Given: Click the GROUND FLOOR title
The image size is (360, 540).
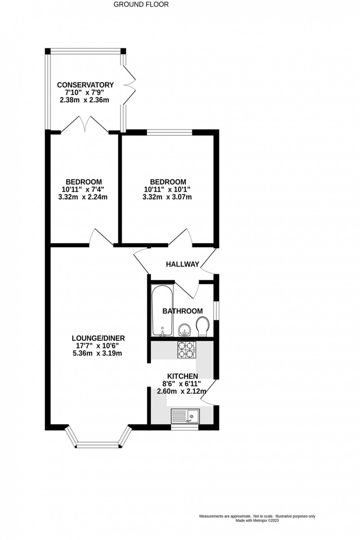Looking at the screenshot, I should [x=141, y=4].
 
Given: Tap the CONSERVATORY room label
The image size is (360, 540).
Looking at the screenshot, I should [x=85, y=85].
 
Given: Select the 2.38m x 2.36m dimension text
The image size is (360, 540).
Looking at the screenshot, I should [x=84, y=100].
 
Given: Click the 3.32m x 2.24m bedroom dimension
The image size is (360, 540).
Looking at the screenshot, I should [x=83, y=197].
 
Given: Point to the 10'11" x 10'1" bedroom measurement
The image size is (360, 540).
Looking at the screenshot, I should [x=168, y=190].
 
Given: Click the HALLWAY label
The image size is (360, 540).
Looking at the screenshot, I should [x=182, y=264].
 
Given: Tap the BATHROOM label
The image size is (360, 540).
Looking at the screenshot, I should [x=183, y=311].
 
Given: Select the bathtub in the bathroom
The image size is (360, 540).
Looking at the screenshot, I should [x=162, y=310].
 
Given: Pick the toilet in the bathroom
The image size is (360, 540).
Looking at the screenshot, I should [x=202, y=327].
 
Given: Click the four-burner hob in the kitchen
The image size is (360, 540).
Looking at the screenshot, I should [x=187, y=350].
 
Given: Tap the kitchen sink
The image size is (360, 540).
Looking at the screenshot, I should [x=185, y=416].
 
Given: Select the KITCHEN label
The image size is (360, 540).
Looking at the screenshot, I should [x=183, y=376].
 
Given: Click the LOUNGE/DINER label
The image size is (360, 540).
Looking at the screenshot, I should [x=98, y=338].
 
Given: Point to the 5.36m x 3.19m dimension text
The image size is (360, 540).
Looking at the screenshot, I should [x=97, y=353].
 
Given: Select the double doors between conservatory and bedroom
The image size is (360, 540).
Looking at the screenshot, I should [x=85, y=125].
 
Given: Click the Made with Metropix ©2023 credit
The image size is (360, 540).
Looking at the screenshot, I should [x=257, y=521].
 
